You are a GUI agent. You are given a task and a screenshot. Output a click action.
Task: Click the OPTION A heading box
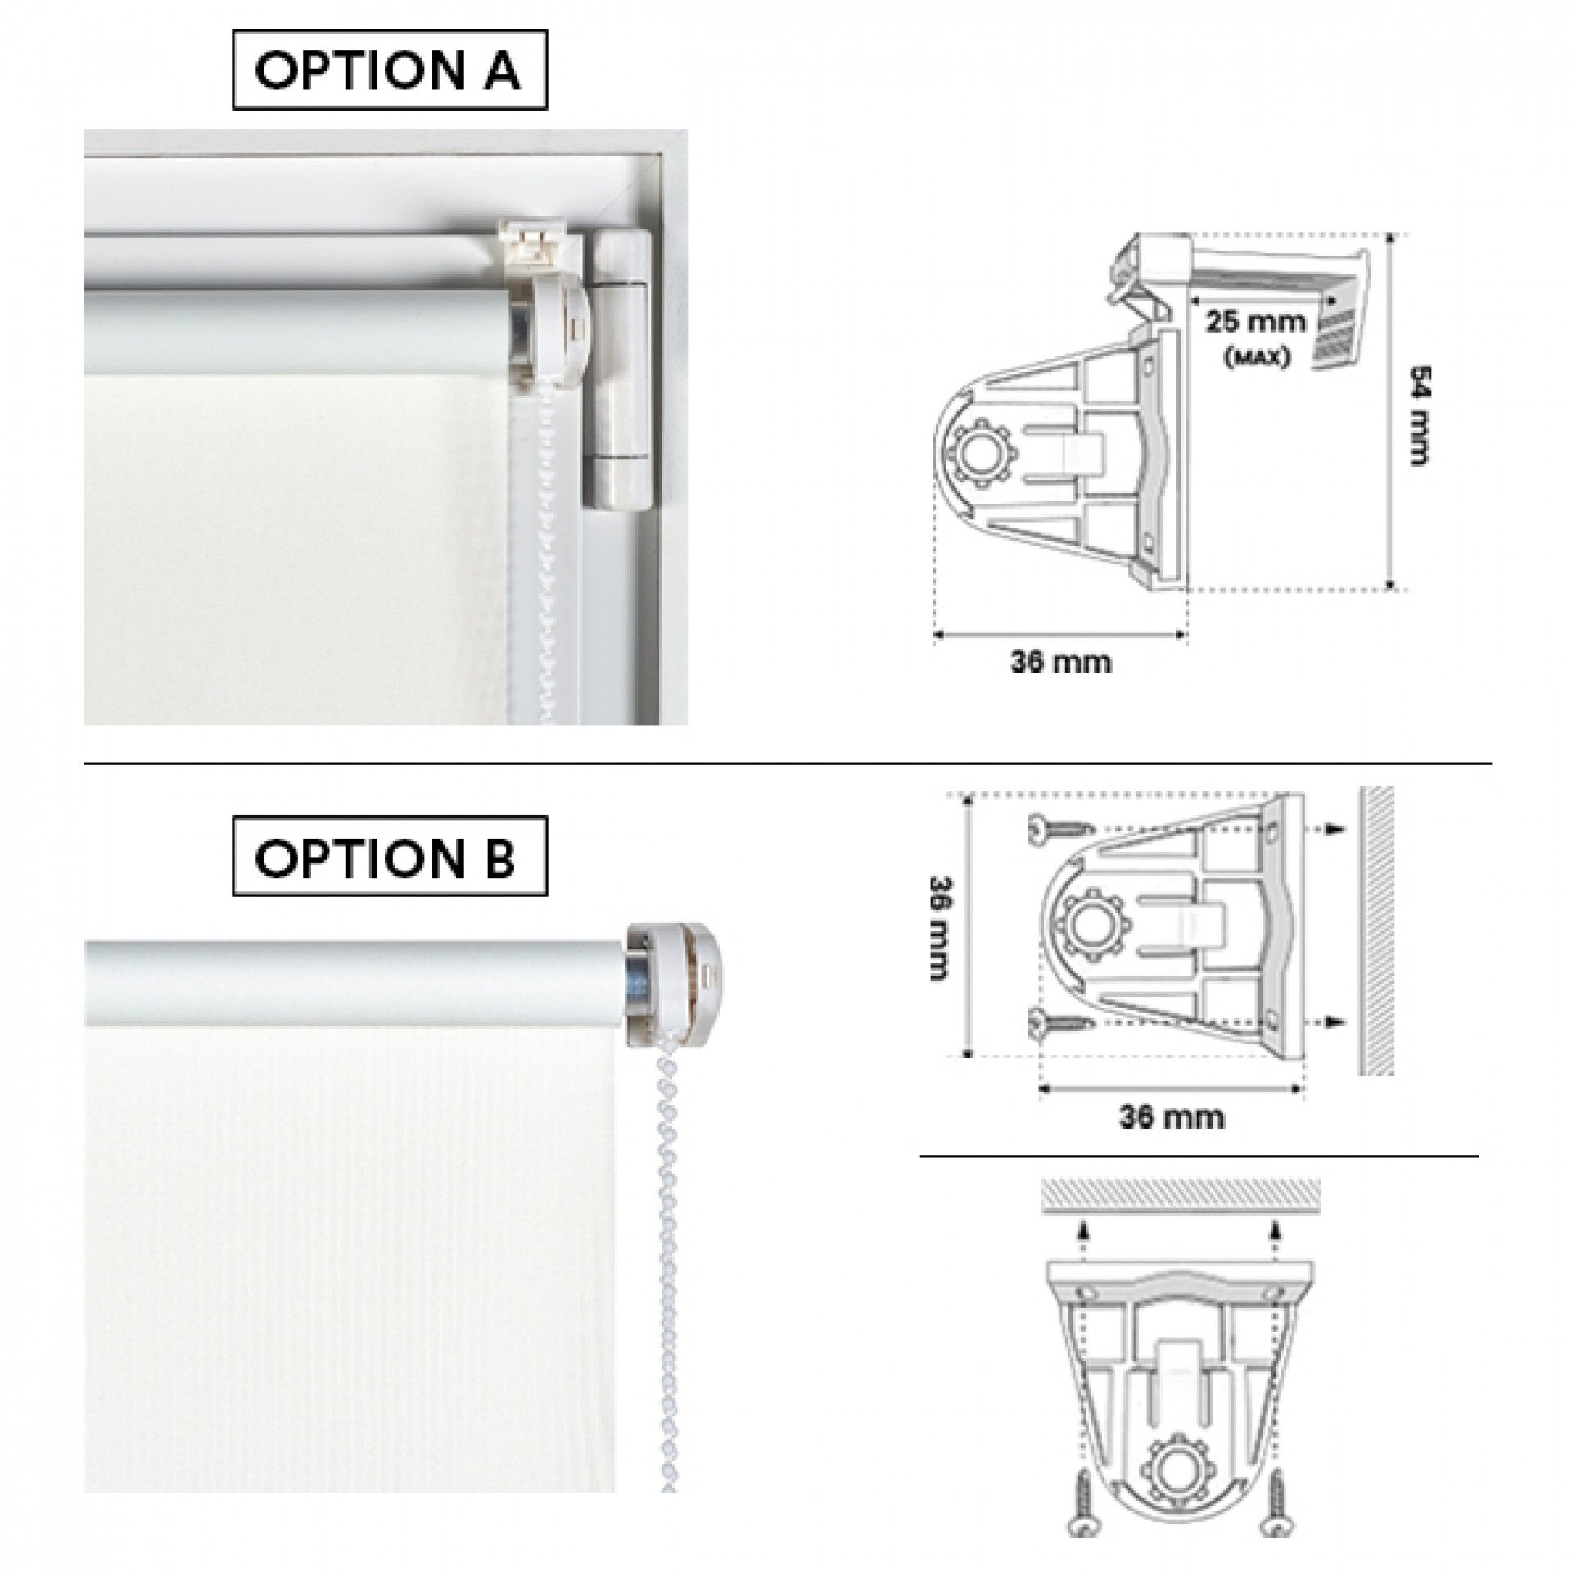[x=389, y=70]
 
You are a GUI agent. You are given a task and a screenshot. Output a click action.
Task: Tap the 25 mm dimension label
[x=1254, y=320]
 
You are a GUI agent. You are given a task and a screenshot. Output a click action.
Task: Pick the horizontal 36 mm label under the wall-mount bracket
[x=1172, y=1116]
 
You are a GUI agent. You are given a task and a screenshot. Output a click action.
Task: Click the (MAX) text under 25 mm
[x=1254, y=356]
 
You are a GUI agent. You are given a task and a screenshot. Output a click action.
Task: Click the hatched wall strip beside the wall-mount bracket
[x=1376, y=931]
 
